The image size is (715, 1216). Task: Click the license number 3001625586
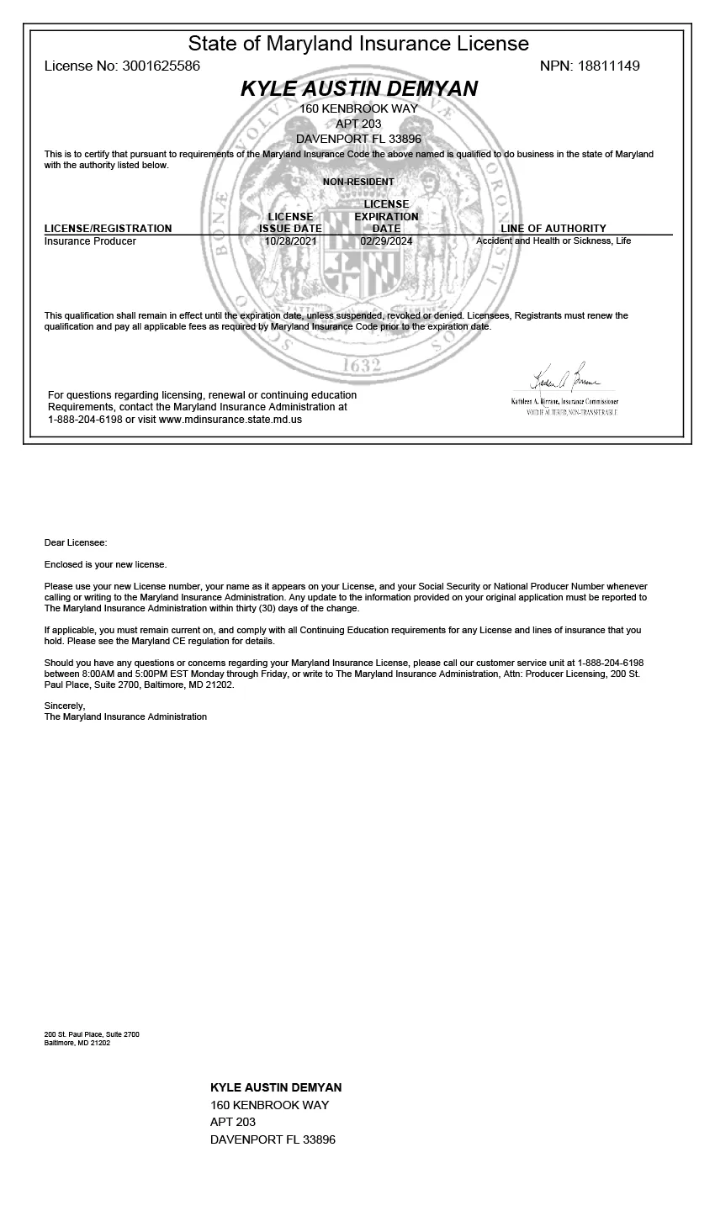pyautogui.click(x=161, y=66)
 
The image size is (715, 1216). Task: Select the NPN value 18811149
pyautogui.click(x=608, y=66)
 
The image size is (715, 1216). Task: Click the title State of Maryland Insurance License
pyautogui.click(x=358, y=44)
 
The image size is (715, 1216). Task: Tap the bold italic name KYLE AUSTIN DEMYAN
pyautogui.click(x=359, y=89)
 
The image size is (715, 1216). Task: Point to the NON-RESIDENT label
pyautogui.click(x=358, y=182)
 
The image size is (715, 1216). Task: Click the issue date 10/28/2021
pyautogui.click(x=290, y=241)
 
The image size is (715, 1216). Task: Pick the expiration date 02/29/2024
pyautogui.click(x=386, y=241)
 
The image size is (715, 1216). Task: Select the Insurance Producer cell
pyautogui.click(x=90, y=241)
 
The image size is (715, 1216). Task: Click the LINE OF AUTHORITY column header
pyautogui.click(x=553, y=229)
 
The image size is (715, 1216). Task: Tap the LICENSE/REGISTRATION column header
pyautogui.click(x=108, y=229)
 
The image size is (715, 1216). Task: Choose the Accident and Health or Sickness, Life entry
pyautogui.click(x=553, y=241)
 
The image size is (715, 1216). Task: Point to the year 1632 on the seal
pyautogui.click(x=362, y=366)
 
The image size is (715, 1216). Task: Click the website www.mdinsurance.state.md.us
pyautogui.click(x=230, y=419)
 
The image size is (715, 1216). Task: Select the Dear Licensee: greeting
pyautogui.click(x=76, y=543)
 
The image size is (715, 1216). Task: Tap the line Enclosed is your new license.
pyautogui.click(x=105, y=564)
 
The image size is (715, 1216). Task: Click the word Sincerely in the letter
pyautogui.click(x=64, y=706)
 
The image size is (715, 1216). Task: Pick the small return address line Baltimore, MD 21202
pyautogui.click(x=77, y=1043)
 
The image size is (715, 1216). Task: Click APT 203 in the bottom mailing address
pyautogui.click(x=233, y=1122)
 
